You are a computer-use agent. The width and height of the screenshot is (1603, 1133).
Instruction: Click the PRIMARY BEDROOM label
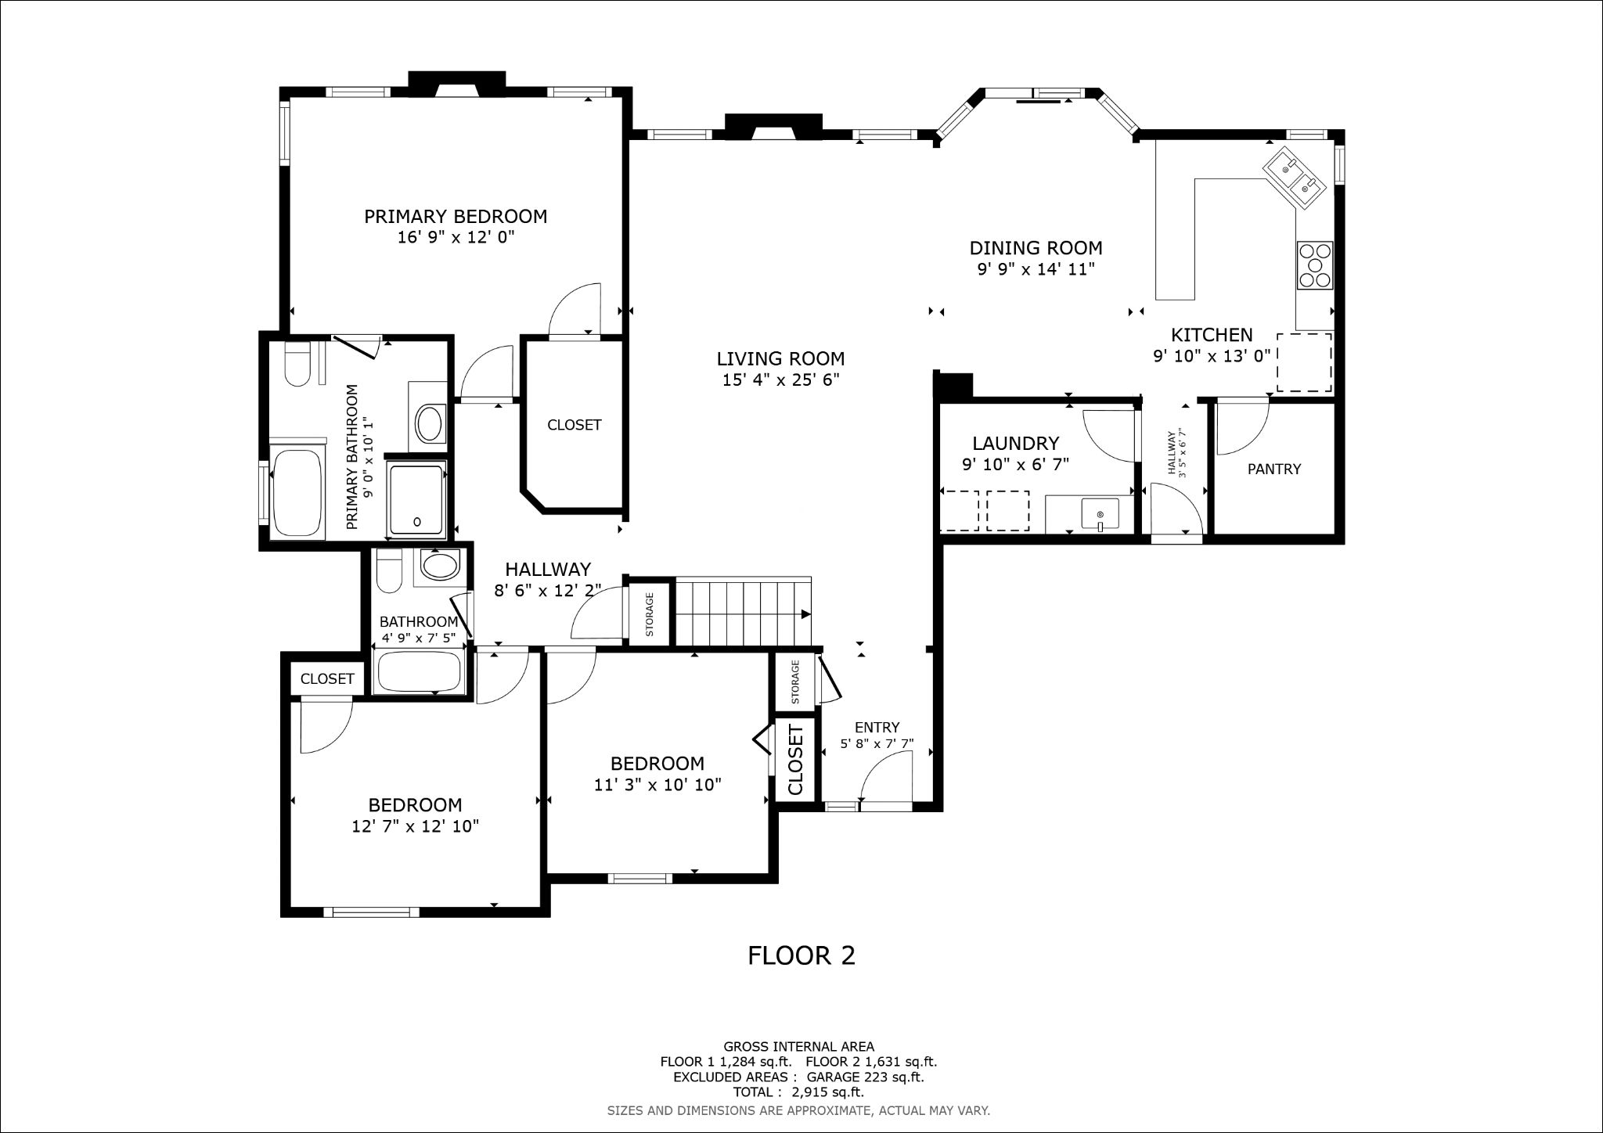pyautogui.click(x=455, y=217)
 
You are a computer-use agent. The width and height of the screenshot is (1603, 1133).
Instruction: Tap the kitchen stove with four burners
pyautogui.click(x=1315, y=265)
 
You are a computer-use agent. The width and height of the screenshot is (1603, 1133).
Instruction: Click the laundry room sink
pyautogui.click(x=1100, y=513)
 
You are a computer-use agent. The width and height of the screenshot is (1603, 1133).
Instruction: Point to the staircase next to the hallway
pyautogui.click(x=744, y=612)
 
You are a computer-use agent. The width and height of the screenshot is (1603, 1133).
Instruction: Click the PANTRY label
pyautogui.click(x=1273, y=469)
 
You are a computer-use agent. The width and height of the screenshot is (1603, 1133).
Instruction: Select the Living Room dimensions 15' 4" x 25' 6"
pyautogui.click(x=780, y=380)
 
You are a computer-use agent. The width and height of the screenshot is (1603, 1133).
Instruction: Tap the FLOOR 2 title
pyautogui.click(x=801, y=955)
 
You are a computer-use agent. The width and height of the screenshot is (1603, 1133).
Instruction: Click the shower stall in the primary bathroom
pyautogui.click(x=417, y=500)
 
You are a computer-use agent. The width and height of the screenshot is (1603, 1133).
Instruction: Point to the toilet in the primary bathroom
pyautogui.click(x=297, y=365)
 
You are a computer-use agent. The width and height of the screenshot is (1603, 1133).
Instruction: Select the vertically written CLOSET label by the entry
pyautogui.click(x=795, y=760)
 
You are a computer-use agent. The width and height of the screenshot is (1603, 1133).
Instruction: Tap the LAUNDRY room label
pyautogui.click(x=1015, y=444)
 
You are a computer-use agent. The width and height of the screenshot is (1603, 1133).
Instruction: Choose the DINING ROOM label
pyautogui.click(x=1036, y=248)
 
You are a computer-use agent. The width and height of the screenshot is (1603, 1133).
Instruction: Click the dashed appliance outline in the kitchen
pyautogui.click(x=1304, y=362)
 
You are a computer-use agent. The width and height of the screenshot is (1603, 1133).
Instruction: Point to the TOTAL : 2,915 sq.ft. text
pyautogui.click(x=798, y=1092)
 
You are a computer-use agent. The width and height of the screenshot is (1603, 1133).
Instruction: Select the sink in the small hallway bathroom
pyautogui.click(x=440, y=565)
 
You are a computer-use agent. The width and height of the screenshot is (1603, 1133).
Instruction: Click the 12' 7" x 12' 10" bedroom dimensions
pyautogui.click(x=415, y=826)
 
